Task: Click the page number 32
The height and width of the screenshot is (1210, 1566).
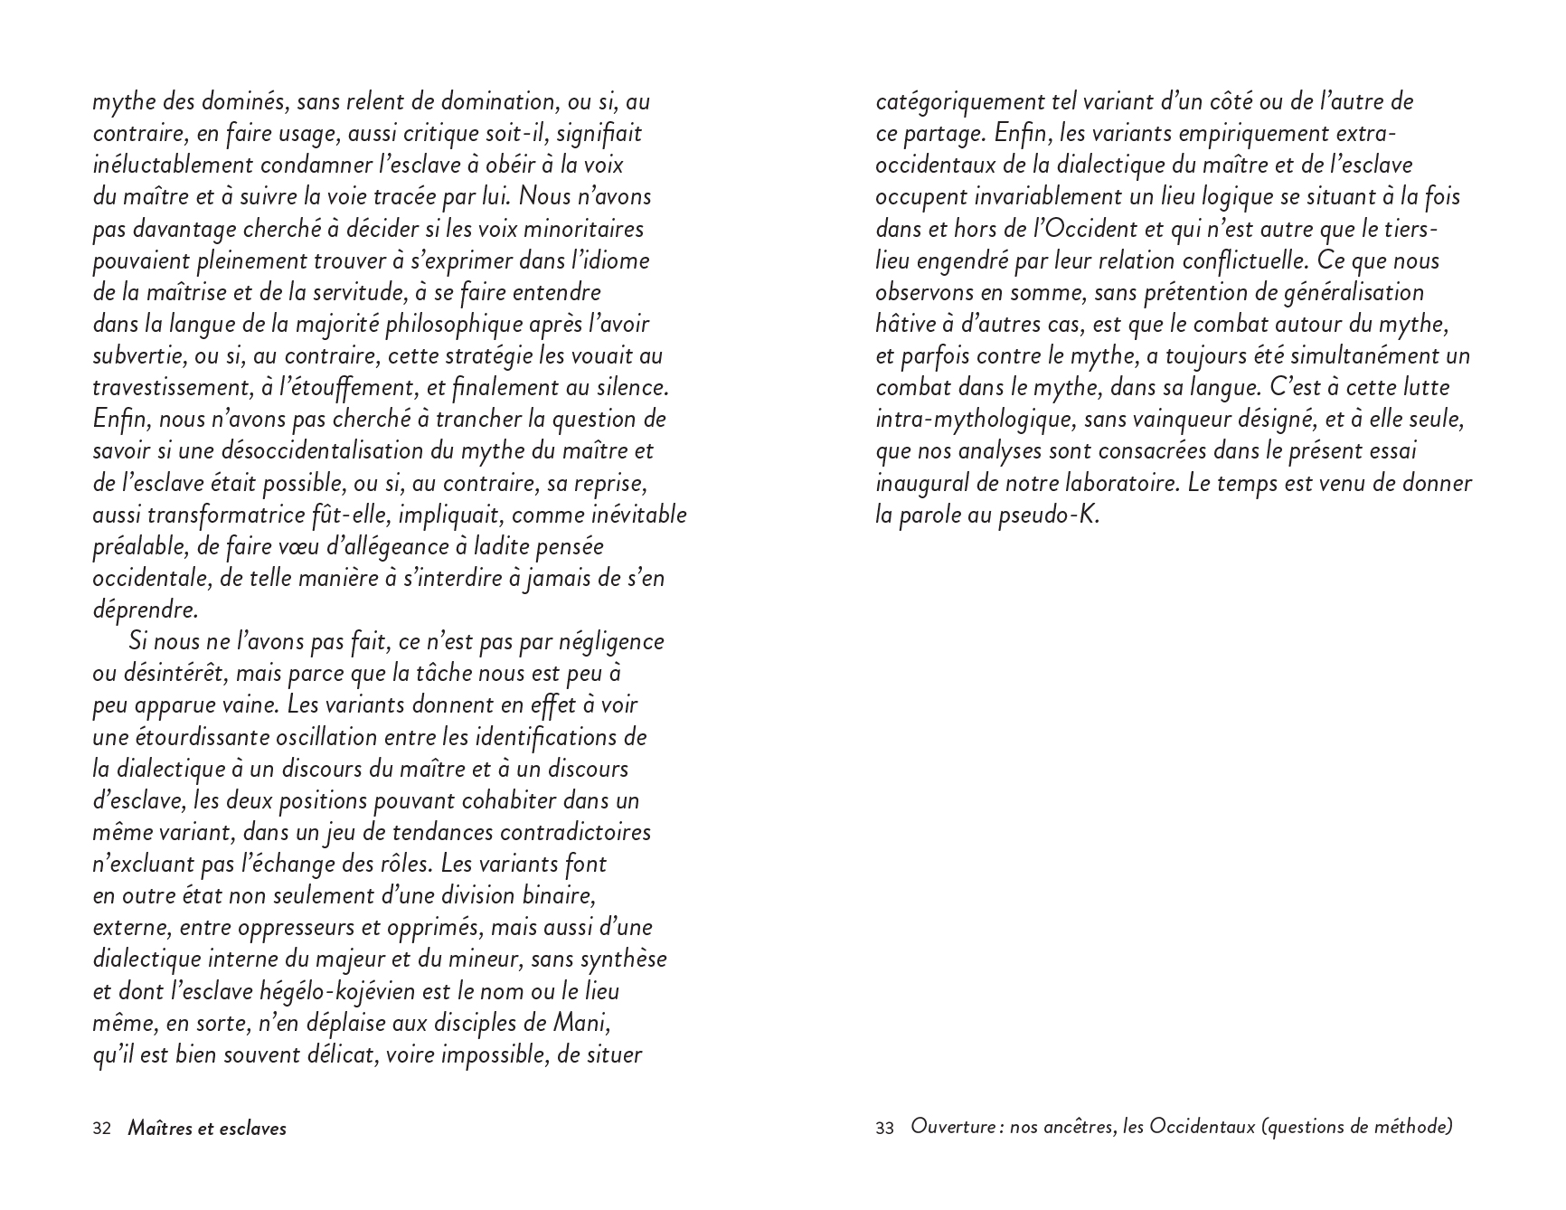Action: click(x=101, y=1129)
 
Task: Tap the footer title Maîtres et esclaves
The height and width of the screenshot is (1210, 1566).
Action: click(x=207, y=1129)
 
